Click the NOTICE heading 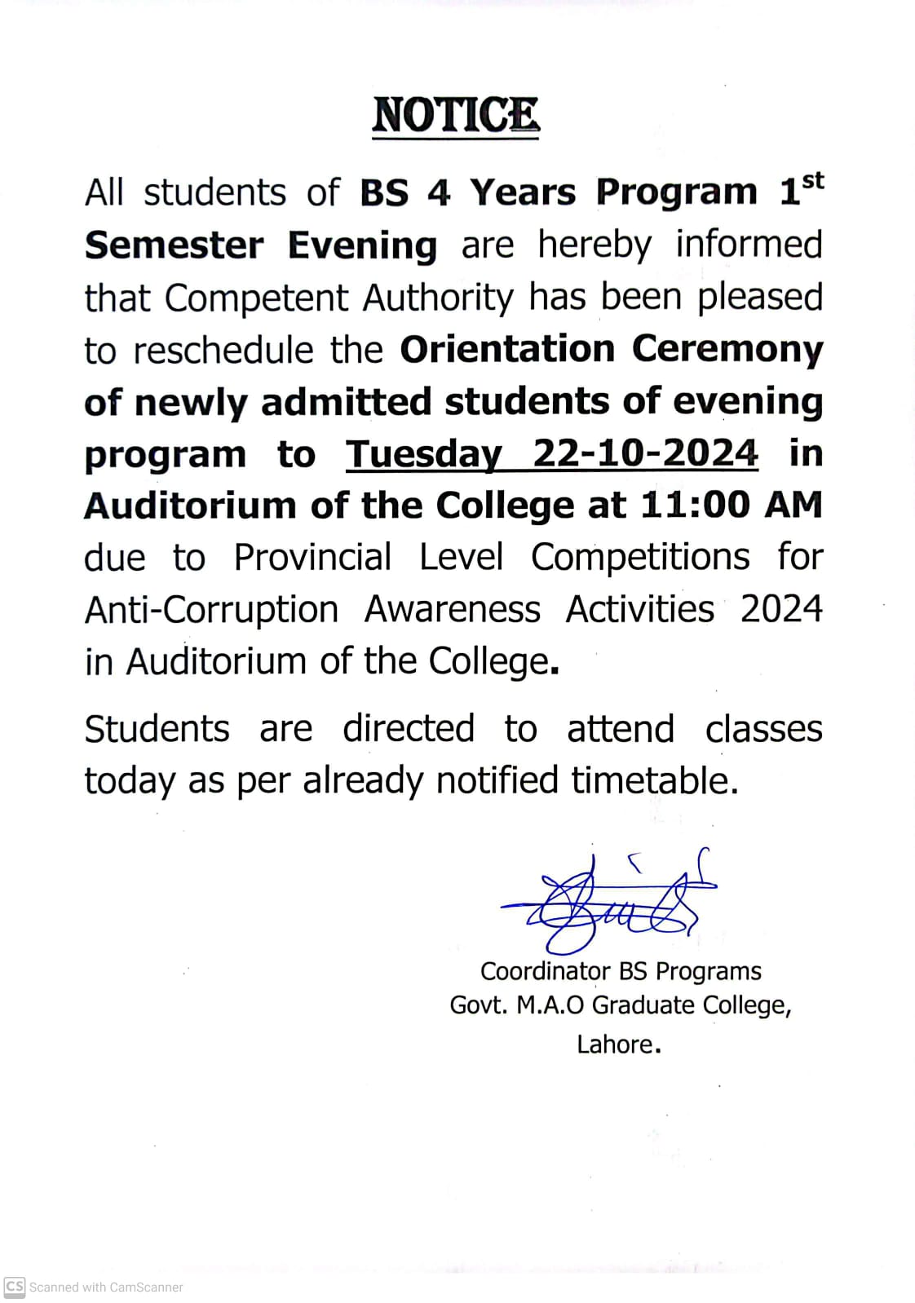coord(455,115)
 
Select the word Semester coord(174,245)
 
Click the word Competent coord(256,298)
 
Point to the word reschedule coord(223,351)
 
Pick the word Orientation coord(506,349)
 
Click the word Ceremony coord(727,351)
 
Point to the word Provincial coord(312,558)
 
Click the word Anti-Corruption coord(211,610)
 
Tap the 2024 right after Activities coord(780,609)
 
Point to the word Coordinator coord(545,971)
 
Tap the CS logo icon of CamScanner coord(15,1287)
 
